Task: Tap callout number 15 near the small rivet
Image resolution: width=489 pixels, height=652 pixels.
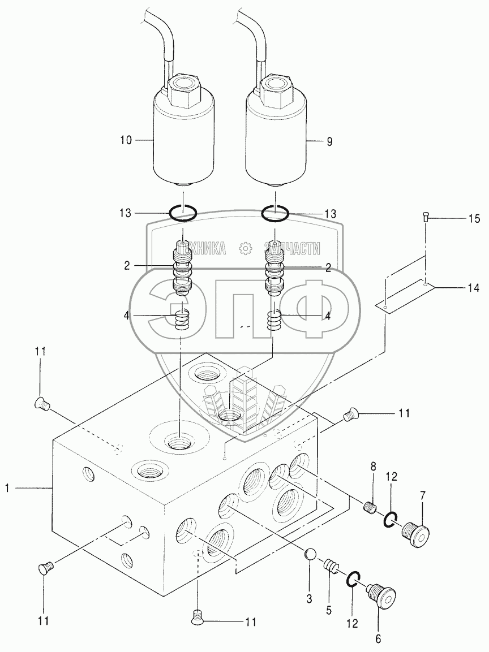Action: (x=474, y=218)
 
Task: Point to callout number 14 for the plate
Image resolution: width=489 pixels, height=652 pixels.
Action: (x=473, y=288)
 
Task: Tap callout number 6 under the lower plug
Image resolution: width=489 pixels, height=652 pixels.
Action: (x=378, y=639)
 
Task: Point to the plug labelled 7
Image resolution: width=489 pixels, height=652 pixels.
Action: (x=414, y=532)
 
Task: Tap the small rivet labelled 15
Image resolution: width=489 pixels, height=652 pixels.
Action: (x=426, y=215)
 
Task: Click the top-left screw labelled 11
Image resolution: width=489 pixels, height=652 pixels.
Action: (x=41, y=403)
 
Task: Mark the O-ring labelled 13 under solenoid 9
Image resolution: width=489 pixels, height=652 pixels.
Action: (x=275, y=214)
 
